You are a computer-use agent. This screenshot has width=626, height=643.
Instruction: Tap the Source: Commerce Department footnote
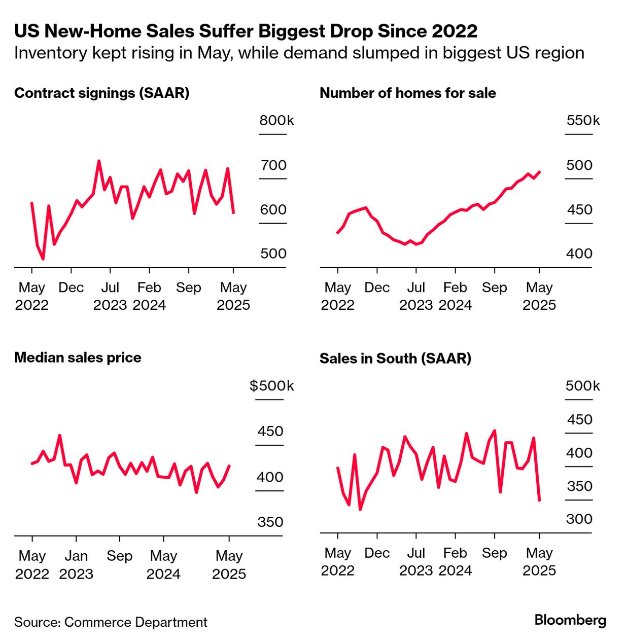tap(111, 622)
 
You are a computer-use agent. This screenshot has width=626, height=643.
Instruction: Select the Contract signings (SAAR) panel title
tap(101, 93)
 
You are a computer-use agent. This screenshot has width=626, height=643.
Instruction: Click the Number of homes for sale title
tap(407, 93)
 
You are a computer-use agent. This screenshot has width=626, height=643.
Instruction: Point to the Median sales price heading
tap(78, 358)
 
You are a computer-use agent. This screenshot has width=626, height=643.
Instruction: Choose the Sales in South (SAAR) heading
tap(395, 359)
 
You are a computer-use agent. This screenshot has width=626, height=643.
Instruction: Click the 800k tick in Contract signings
tap(276, 121)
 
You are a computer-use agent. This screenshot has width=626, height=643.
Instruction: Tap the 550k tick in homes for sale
tap(582, 121)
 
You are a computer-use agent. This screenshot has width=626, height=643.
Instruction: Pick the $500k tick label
tap(271, 386)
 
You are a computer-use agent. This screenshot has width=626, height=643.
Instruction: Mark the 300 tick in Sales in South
tap(579, 519)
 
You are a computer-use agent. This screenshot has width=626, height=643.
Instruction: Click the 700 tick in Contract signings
tap(273, 165)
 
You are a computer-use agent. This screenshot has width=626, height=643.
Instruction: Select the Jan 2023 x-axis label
tap(76, 564)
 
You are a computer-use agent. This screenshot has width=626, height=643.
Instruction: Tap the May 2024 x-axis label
tap(163, 564)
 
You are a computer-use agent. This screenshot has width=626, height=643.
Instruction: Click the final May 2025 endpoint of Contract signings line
tap(233, 212)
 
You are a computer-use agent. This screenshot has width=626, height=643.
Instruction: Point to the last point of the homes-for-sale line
tap(539, 172)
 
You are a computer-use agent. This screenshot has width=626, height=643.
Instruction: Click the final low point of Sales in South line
tap(539, 501)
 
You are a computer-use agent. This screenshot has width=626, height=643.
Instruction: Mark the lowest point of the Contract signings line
tap(43, 259)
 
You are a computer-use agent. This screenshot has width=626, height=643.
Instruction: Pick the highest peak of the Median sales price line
tap(60, 435)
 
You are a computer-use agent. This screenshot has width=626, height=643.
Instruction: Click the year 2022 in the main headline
tap(454, 31)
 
